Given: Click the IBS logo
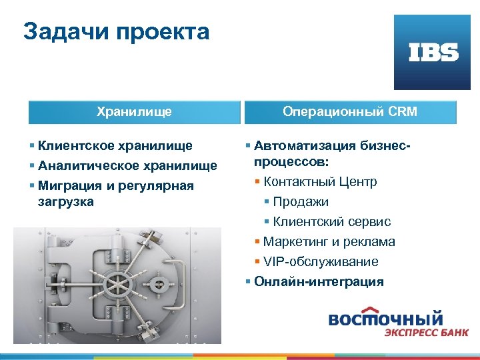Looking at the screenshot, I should [x=433, y=53].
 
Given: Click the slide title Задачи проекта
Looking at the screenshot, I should [x=116, y=31].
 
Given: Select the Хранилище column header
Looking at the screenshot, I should [x=134, y=111].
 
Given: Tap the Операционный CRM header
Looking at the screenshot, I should [x=350, y=111].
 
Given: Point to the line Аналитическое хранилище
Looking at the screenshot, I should [x=127, y=165].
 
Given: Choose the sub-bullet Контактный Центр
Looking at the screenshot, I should [x=320, y=181].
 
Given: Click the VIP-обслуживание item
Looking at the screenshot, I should [x=320, y=261].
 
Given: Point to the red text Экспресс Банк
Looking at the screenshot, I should [x=425, y=332].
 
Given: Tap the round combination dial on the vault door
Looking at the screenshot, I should [x=159, y=285].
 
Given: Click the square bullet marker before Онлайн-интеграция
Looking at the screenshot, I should [x=247, y=281].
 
